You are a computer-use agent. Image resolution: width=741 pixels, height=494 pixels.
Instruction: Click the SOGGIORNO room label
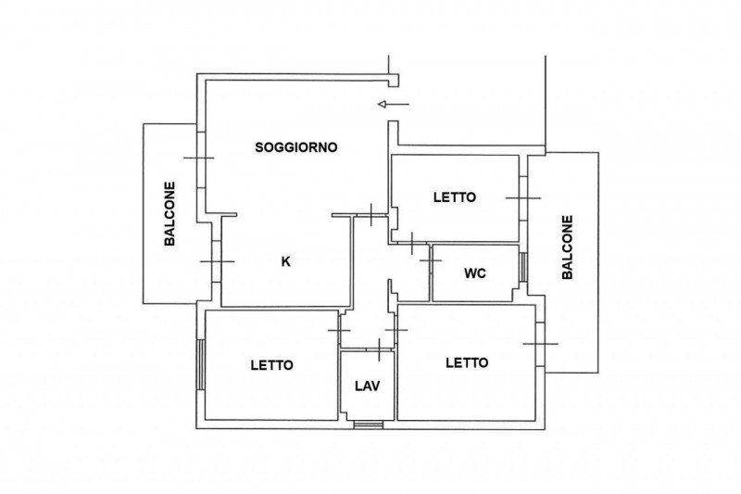tap(296, 146)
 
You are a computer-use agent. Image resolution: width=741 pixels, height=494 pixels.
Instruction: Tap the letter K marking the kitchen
tap(285, 261)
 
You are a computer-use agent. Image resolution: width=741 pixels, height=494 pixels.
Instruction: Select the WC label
tap(475, 273)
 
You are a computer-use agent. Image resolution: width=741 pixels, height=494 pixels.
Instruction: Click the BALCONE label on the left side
tap(170, 213)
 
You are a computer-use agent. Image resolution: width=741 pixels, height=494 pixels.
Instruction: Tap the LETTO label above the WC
tap(455, 197)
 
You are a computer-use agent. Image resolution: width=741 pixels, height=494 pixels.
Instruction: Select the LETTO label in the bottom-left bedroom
tap(271, 365)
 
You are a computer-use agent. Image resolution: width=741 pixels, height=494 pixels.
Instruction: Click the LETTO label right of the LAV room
tap(466, 362)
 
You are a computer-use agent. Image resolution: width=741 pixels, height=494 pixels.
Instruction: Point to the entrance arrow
tap(394, 104)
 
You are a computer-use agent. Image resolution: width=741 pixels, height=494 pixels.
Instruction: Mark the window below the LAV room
tap(368, 425)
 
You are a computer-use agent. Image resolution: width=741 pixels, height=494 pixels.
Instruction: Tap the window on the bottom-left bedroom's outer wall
tap(200, 365)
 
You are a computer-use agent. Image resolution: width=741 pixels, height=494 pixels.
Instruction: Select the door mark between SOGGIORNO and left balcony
tap(198, 158)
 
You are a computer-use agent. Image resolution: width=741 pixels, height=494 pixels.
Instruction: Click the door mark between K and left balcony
tap(217, 261)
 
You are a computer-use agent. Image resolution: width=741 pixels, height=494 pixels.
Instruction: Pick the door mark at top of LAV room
tap(380, 349)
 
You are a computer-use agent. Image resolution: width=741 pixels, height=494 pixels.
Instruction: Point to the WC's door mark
tap(430, 260)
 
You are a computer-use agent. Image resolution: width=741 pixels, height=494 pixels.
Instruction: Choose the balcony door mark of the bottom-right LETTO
tap(540, 344)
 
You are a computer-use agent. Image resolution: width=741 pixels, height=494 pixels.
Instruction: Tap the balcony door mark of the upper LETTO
tap(522, 197)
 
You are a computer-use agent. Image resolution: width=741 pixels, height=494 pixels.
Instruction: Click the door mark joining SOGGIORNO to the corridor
tap(370, 216)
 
